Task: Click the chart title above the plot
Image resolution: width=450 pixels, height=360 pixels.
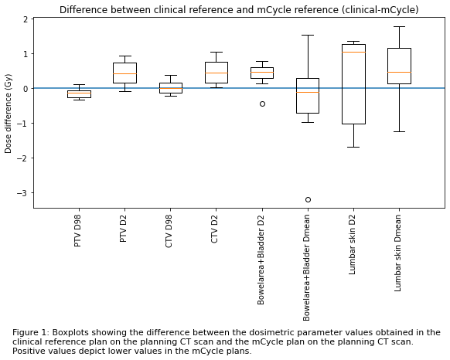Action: pos(239,10)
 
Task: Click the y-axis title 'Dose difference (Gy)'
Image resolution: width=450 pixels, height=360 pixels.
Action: pos(8,114)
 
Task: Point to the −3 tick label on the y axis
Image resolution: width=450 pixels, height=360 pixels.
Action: pos(22,193)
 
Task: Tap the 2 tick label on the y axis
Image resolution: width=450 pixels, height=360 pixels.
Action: pos(26,19)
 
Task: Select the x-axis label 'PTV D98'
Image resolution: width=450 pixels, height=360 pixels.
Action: pos(78,231)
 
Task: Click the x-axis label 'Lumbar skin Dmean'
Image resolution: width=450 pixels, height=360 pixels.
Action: pos(397,253)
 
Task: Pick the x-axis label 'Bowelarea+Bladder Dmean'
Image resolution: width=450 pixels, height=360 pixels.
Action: pos(306,268)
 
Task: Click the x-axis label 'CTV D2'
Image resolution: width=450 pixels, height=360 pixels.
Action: pos(214,229)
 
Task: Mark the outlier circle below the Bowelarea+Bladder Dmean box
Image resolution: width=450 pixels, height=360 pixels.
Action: pos(308,199)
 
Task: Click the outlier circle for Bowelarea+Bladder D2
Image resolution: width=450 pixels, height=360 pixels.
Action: pos(262,104)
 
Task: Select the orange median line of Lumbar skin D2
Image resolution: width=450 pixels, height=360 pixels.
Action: pos(353,53)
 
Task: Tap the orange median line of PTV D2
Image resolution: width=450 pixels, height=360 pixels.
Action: pos(124,73)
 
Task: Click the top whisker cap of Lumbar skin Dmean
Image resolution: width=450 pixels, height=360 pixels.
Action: pos(399,27)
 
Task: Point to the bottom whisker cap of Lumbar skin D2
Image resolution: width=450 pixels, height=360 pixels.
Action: pos(353,147)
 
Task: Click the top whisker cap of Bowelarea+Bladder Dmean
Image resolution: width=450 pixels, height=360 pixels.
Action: pos(308,35)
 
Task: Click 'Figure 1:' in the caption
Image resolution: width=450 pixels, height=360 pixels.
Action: pos(31,333)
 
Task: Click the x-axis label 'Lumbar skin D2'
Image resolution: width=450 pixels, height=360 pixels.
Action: pos(352,245)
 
